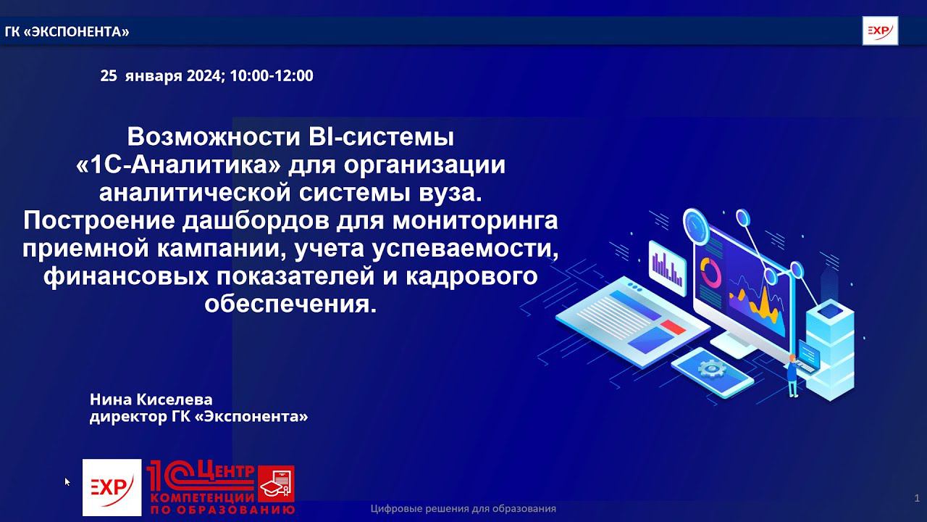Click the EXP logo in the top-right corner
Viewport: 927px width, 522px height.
click(x=880, y=32)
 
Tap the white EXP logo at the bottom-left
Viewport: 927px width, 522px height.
click(x=112, y=487)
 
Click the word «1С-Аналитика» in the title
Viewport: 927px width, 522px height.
click(x=177, y=165)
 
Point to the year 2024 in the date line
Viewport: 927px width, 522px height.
click(x=205, y=75)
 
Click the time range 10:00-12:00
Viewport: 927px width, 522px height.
click(x=272, y=75)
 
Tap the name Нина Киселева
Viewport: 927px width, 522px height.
click(x=151, y=399)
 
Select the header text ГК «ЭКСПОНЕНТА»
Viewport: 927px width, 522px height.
click(x=67, y=32)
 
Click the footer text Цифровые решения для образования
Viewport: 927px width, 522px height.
click(x=463, y=509)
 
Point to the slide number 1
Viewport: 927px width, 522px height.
click(x=917, y=497)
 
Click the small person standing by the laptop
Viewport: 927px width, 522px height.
click(x=792, y=375)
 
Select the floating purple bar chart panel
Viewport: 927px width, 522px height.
click(x=666, y=267)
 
